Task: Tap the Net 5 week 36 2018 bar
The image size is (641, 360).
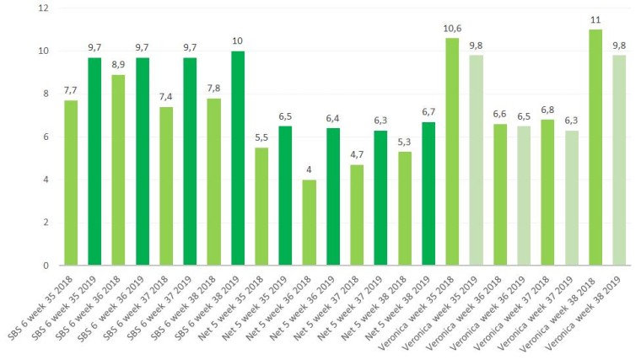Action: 310,223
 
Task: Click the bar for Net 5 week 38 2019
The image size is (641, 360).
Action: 428,194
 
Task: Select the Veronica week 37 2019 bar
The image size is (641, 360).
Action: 572,198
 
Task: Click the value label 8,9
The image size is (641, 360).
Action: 118,65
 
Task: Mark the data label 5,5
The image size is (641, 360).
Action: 261,138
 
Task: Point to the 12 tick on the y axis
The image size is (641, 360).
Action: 44,8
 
